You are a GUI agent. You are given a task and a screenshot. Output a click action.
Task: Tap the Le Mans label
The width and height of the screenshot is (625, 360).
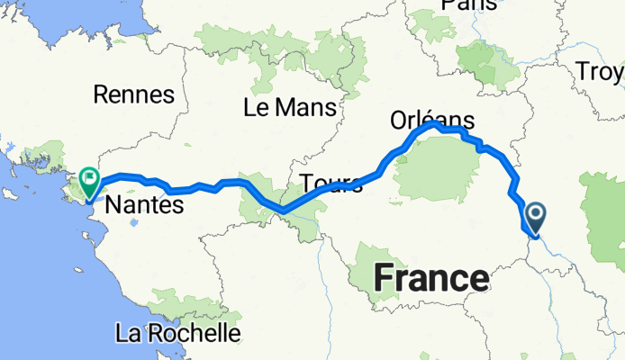(x=289, y=108)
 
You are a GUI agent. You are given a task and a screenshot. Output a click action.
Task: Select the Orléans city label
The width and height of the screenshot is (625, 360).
(x=432, y=120)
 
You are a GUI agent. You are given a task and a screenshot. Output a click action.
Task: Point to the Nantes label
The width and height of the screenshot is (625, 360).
(x=144, y=206)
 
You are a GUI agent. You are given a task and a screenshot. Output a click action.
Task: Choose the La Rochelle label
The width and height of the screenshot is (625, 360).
(x=178, y=333)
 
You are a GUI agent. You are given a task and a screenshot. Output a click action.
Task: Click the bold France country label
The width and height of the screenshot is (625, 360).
(x=430, y=278)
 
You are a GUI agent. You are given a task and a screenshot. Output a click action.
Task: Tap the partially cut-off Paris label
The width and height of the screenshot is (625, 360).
(x=469, y=5)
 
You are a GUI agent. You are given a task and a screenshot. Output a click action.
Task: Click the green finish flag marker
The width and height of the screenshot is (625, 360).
(x=90, y=183)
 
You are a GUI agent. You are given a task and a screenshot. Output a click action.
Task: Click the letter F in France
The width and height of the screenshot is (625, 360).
(x=382, y=278)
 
